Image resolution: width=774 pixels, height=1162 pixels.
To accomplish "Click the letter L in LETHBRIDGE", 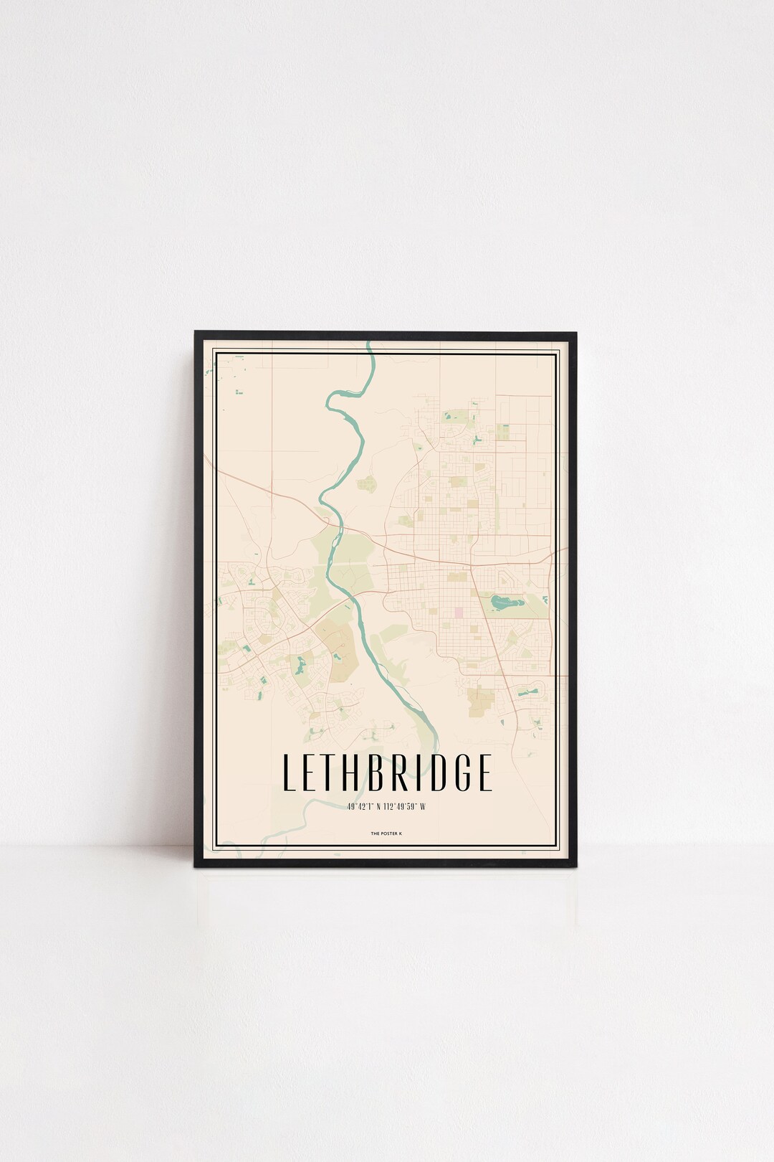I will [289, 772].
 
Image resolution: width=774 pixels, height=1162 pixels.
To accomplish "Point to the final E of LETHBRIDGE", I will [484, 772].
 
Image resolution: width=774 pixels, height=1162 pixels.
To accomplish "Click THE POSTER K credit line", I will [386, 833].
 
